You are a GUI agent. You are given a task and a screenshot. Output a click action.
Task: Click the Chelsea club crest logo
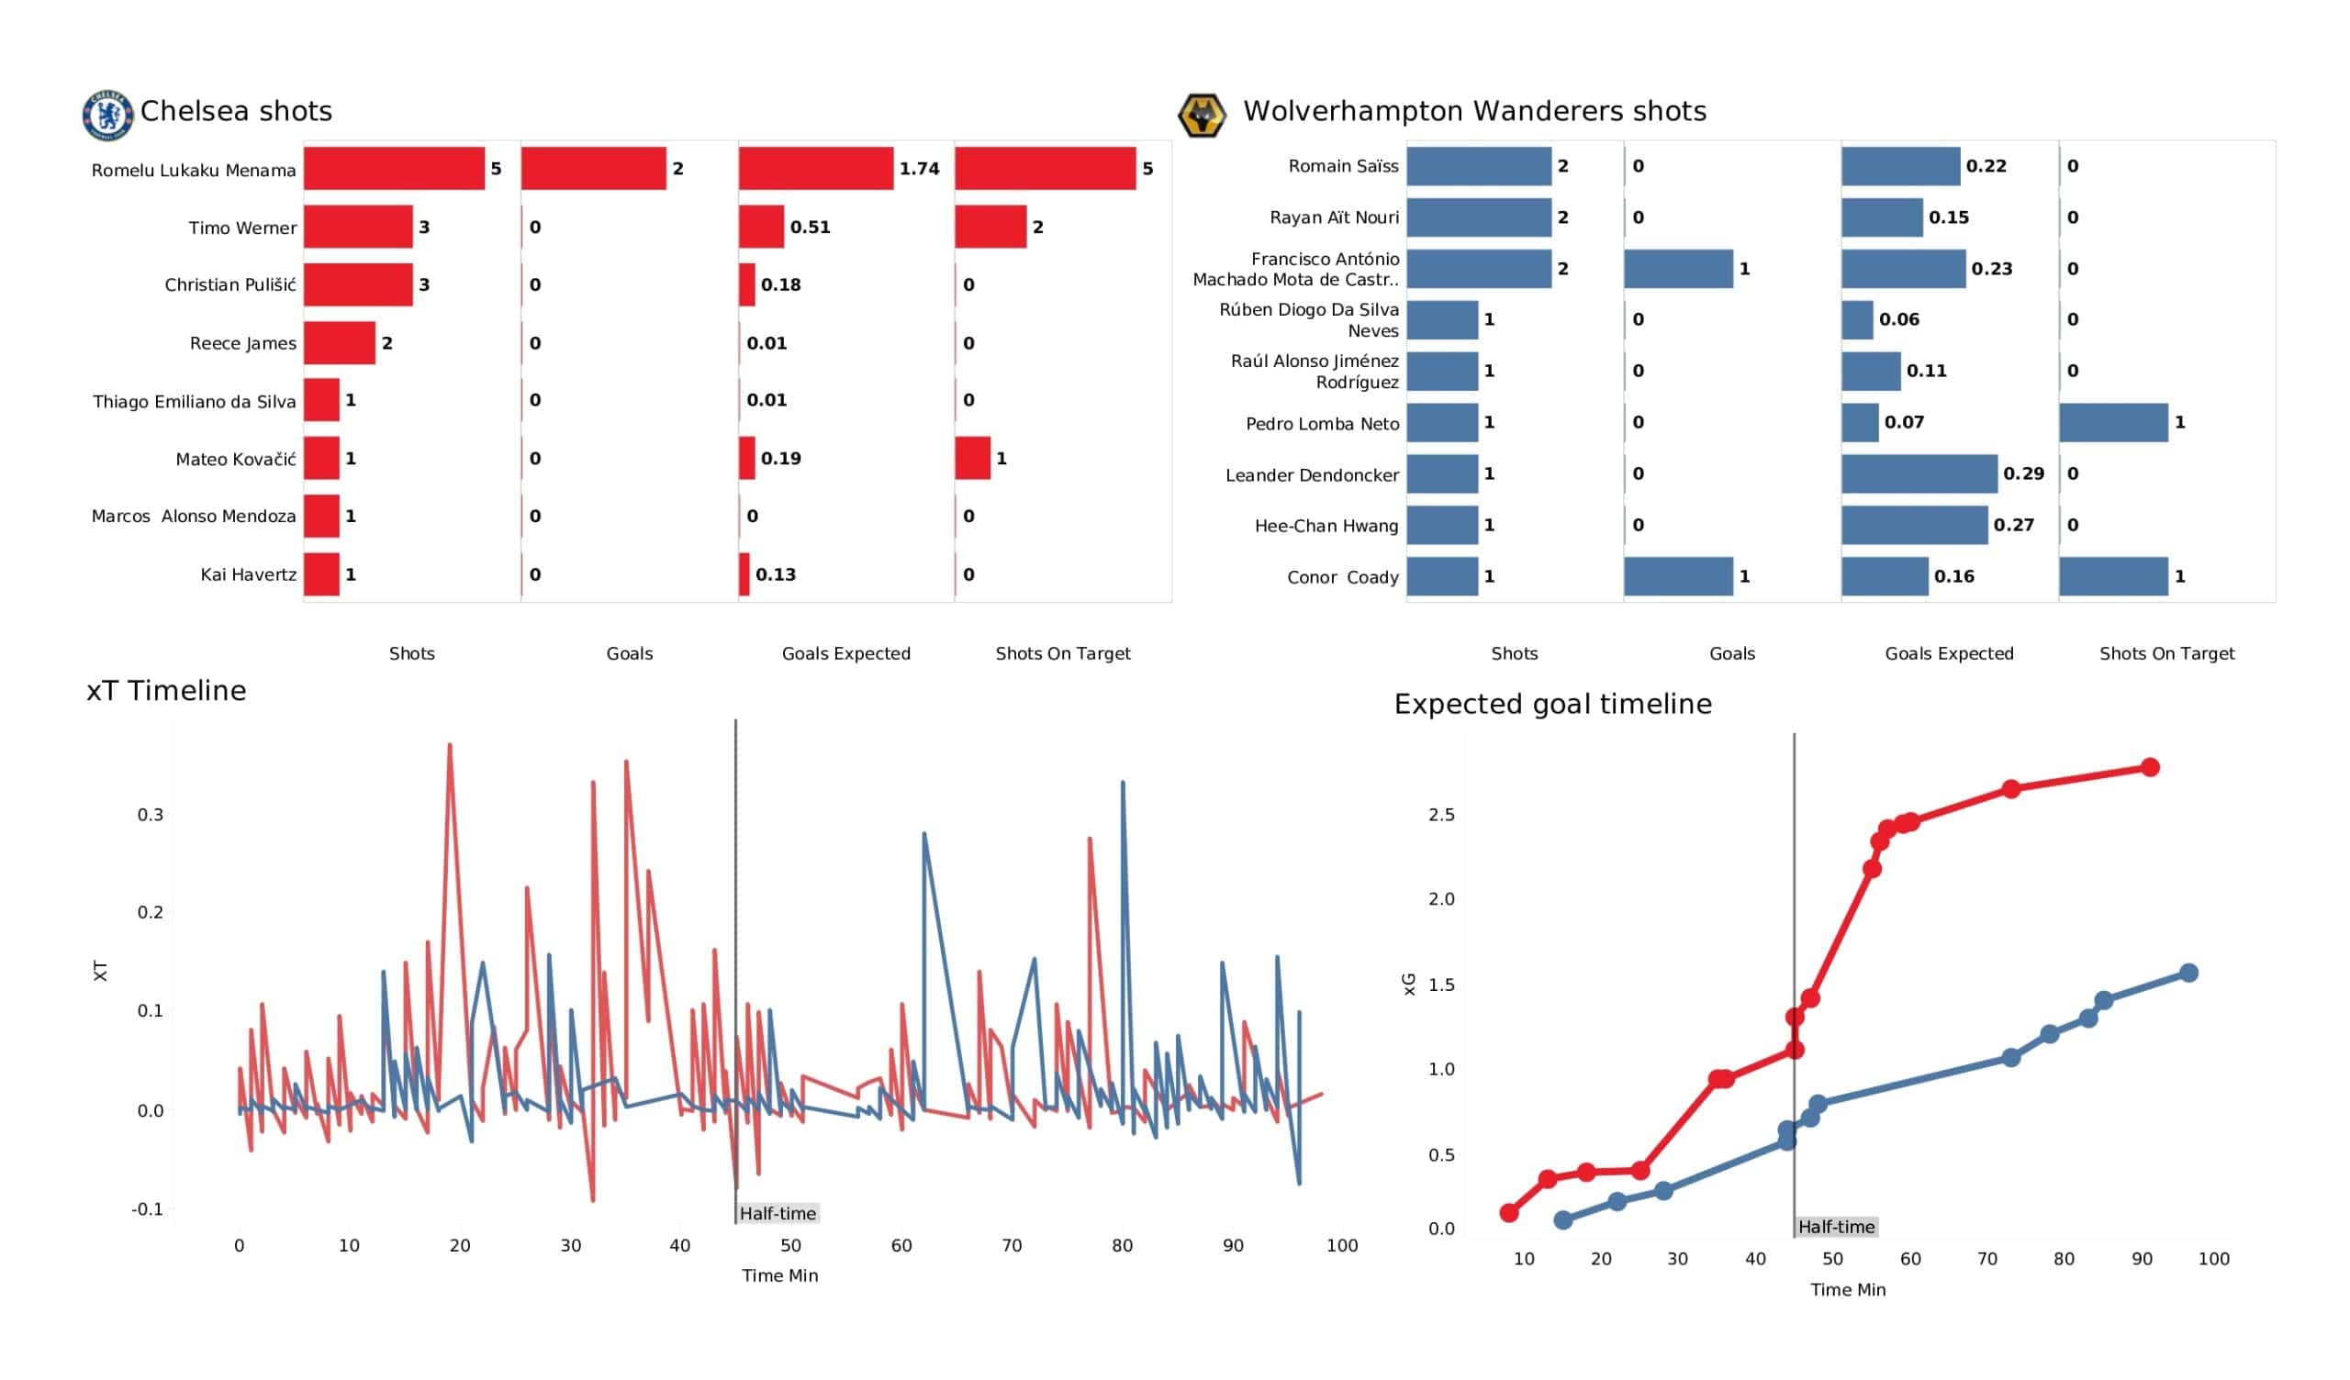[108, 116]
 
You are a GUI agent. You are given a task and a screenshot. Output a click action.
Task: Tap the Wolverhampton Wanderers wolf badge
[1201, 116]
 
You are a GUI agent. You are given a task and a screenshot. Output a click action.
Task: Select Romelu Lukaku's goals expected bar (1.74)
[815, 169]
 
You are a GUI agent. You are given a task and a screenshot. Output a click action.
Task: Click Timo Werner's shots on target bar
[990, 227]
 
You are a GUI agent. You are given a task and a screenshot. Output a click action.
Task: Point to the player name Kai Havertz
[248, 574]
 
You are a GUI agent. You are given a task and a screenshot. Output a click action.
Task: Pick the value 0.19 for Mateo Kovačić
[780, 459]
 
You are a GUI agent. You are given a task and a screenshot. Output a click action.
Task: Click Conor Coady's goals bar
[1678, 576]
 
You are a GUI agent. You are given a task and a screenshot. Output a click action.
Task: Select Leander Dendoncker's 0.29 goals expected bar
[1919, 473]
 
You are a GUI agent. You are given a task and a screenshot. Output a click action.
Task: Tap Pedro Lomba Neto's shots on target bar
[2113, 422]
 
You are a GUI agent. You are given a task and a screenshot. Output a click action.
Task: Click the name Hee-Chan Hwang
[1326, 526]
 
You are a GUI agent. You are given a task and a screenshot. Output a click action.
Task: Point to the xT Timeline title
[166, 691]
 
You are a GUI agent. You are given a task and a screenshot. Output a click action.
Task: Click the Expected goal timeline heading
[1552, 704]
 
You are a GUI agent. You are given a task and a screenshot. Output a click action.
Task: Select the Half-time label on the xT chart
[778, 1213]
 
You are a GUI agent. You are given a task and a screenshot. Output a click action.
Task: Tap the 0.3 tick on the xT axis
[151, 815]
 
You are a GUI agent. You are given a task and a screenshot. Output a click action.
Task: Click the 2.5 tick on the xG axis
[1441, 815]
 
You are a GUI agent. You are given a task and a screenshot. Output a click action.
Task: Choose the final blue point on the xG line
[2188, 974]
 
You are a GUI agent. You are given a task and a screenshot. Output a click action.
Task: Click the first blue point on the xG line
[1564, 1219]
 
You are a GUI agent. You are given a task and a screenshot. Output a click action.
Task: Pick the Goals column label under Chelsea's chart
[630, 653]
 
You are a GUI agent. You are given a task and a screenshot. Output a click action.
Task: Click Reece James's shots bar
[340, 343]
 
